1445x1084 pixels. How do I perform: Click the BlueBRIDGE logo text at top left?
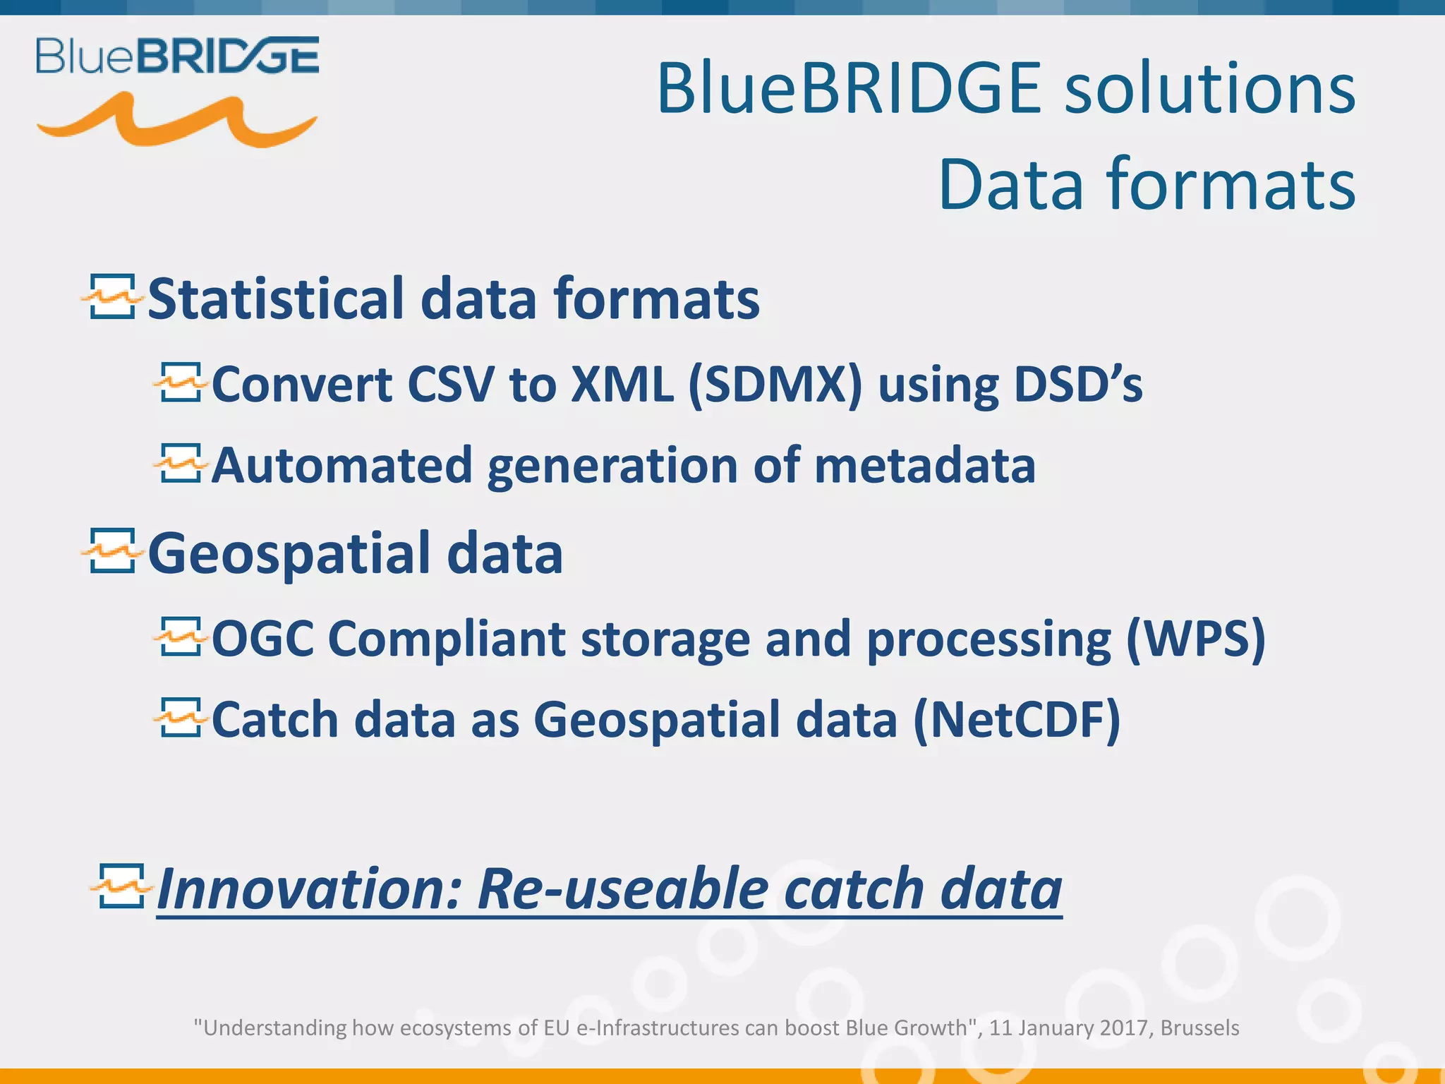(x=177, y=56)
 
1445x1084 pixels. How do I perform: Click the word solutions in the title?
(x=1209, y=89)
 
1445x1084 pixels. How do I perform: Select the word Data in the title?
(x=1010, y=185)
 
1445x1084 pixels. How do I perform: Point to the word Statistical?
(x=276, y=299)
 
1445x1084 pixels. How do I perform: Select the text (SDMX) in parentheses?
(x=774, y=385)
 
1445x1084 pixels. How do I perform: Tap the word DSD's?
(x=1077, y=385)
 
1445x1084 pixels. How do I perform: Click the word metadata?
(x=924, y=466)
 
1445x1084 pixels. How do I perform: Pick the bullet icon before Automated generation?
(x=181, y=464)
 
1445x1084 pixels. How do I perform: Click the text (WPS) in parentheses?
(x=1195, y=639)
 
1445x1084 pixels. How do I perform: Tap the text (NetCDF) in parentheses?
(x=1016, y=720)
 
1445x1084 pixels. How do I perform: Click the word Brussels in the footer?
(x=1199, y=1028)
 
